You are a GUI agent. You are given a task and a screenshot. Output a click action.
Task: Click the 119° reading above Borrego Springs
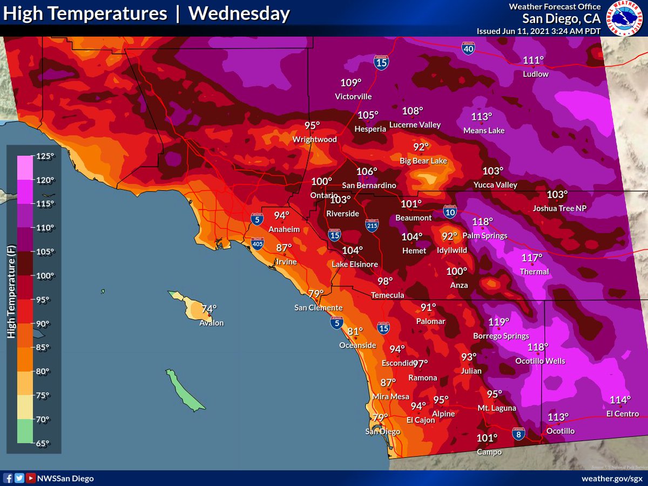coord(498,322)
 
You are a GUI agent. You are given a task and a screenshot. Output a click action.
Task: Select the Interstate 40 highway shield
coord(469,49)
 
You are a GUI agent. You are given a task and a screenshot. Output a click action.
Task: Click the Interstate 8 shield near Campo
coord(518,433)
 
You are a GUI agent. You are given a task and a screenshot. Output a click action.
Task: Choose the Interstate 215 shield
coord(372,226)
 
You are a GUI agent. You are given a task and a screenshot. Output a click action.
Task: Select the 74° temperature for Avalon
coord(209,309)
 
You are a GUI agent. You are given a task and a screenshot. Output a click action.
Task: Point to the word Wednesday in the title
coord(239,14)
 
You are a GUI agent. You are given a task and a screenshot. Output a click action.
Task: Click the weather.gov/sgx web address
coord(612,478)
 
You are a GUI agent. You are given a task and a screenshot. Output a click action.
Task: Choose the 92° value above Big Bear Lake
coord(421,147)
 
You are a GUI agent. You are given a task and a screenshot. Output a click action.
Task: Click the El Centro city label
coord(622,414)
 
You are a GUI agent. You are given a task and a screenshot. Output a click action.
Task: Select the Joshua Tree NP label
coord(559,208)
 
